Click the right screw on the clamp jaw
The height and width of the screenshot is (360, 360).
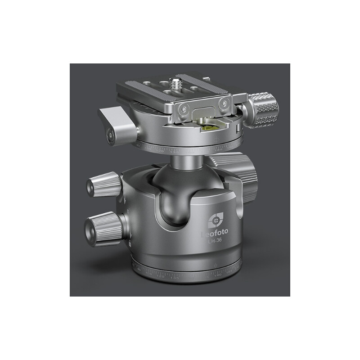coord(223,103)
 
